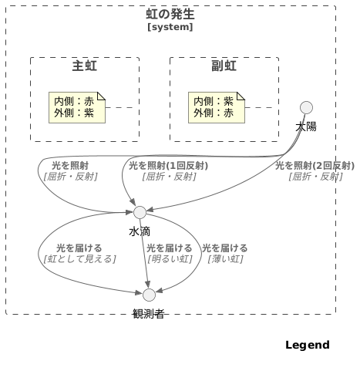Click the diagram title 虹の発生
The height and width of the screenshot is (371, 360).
[170, 15]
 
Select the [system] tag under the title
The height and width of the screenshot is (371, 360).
[170, 27]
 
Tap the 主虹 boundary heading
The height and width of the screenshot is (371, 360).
[85, 66]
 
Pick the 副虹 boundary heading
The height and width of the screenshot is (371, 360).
[224, 66]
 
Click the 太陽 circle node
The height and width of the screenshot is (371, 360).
[306, 107]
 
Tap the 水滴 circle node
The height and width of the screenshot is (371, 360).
[140, 212]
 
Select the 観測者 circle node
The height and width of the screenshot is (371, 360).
[150, 295]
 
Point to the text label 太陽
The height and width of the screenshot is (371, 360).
[306, 126]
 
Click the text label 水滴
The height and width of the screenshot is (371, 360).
[140, 231]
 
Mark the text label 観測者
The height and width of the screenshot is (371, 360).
[149, 313]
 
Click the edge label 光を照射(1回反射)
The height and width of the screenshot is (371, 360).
[168, 166]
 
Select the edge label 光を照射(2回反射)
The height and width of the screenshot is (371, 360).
[315, 166]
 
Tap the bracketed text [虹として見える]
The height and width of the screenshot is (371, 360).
[72, 259]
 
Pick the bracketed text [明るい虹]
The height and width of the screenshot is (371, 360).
[170, 259]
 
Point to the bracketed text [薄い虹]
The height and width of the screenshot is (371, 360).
[225, 259]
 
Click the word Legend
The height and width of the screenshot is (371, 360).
[308, 345]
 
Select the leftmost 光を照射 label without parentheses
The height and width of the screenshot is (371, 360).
[70, 166]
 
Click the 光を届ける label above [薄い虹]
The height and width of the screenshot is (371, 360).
[225, 248]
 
